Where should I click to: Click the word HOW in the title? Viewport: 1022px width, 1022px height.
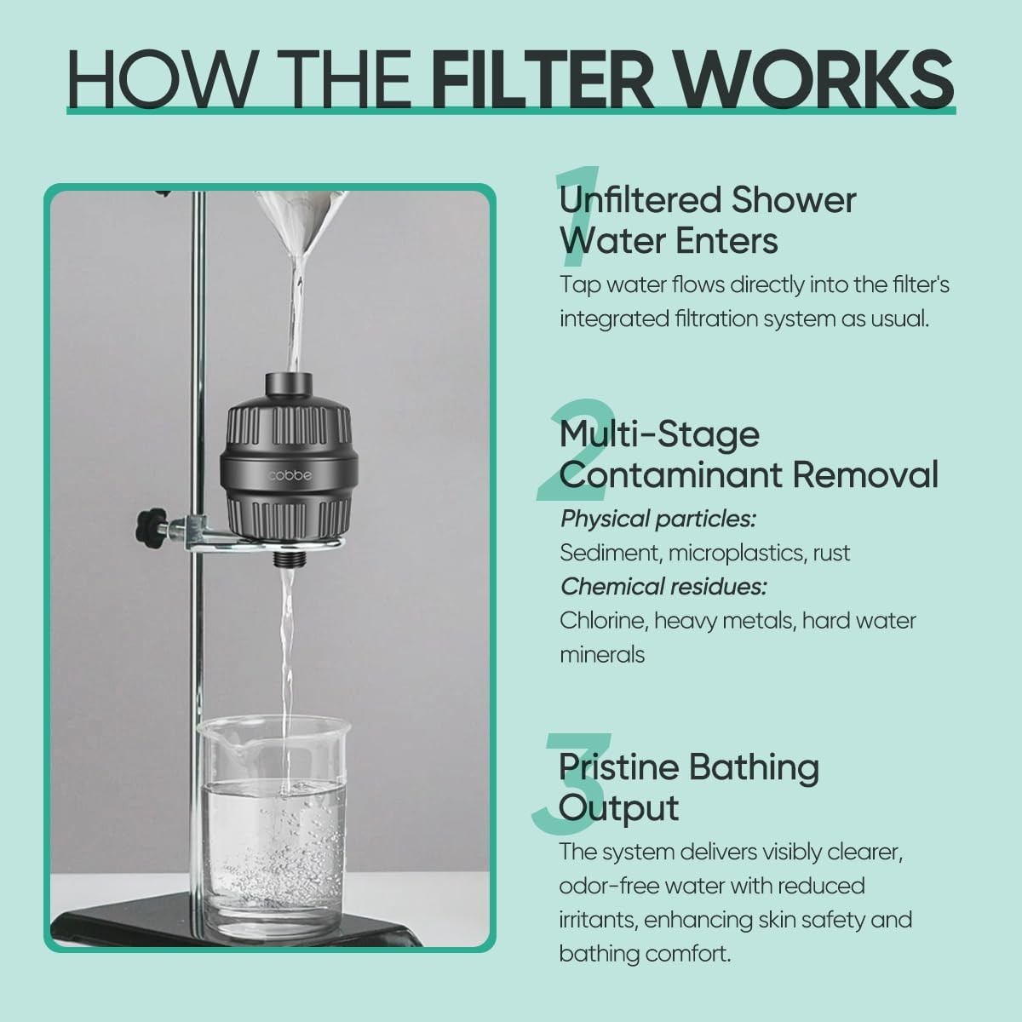(x=159, y=78)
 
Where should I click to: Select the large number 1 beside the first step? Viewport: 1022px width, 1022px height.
(x=578, y=216)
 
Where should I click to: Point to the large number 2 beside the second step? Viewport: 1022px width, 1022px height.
(x=575, y=450)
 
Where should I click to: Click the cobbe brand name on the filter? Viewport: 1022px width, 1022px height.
(x=290, y=475)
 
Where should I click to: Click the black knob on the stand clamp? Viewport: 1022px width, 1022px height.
(x=150, y=525)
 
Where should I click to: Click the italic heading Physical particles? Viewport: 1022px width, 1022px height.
(x=658, y=520)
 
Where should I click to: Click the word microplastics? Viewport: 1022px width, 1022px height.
(x=738, y=554)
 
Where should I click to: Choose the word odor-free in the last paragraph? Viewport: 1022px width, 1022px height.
(x=607, y=887)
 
